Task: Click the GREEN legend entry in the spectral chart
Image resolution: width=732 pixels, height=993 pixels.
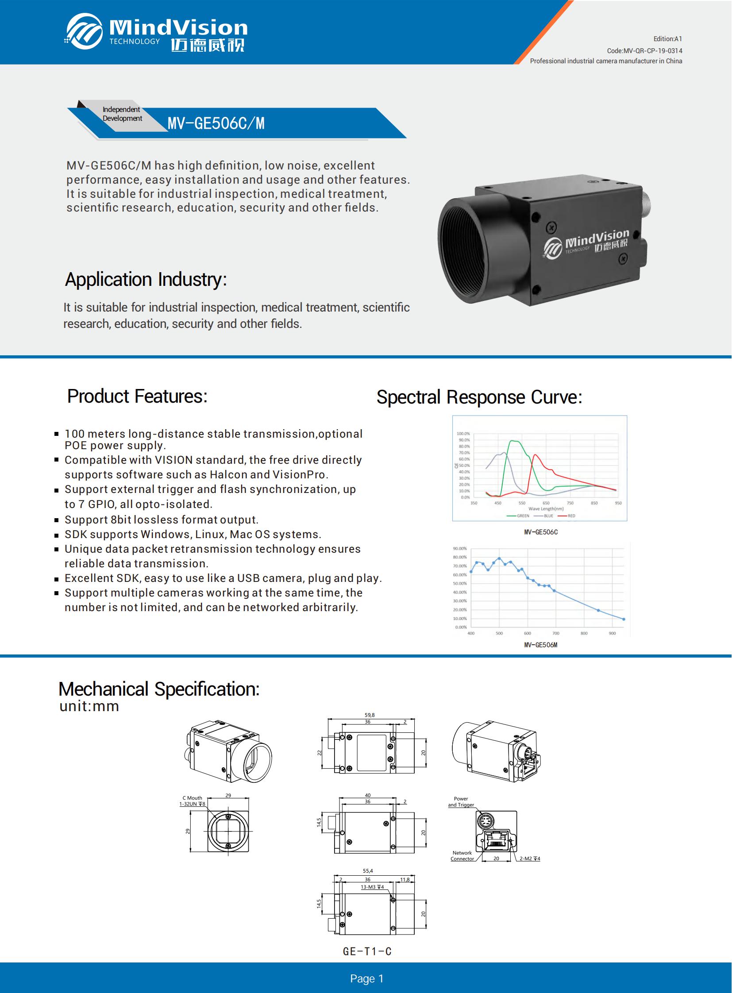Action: tap(517, 516)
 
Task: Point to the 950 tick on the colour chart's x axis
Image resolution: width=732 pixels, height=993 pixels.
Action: tap(618, 503)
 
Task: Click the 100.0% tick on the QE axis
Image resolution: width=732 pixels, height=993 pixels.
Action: tap(463, 434)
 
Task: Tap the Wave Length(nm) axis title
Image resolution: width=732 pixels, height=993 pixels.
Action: tap(546, 509)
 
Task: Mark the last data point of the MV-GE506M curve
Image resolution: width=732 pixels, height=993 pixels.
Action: tap(624, 619)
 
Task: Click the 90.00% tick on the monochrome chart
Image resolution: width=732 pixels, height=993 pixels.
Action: tap(460, 549)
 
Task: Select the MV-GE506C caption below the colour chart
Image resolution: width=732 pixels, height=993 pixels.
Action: tap(540, 532)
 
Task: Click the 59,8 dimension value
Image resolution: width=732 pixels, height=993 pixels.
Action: tap(370, 715)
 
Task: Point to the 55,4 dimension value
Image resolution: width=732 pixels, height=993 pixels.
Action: tap(368, 871)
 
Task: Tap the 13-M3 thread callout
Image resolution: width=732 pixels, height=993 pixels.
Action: tap(372, 887)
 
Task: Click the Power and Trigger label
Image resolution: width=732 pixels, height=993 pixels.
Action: tap(461, 801)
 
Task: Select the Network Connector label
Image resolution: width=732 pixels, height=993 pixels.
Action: tap(462, 856)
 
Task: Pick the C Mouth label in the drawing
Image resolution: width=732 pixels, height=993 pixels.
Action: tap(193, 798)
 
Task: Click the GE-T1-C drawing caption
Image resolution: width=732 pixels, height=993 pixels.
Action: tap(367, 951)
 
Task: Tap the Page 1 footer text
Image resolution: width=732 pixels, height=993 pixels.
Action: tap(367, 978)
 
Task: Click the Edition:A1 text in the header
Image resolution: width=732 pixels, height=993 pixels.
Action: tap(668, 39)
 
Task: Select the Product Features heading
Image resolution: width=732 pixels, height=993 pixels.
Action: tap(137, 396)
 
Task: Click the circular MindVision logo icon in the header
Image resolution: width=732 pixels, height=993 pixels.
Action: tap(84, 31)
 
